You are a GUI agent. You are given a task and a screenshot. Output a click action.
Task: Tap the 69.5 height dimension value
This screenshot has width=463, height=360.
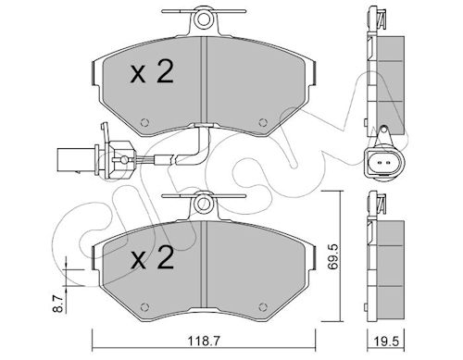coord(333,256)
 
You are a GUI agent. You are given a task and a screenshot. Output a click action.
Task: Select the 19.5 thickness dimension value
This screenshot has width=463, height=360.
coord(387,341)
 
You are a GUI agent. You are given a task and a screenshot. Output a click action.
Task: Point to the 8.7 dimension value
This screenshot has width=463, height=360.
coord(59,304)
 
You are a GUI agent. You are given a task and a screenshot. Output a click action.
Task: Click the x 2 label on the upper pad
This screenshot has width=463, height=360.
coord(152,73)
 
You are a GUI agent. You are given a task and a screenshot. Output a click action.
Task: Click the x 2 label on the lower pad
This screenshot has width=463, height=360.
coord(152,258)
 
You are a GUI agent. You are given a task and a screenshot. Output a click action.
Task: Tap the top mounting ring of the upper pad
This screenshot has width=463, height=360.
coord(204,19)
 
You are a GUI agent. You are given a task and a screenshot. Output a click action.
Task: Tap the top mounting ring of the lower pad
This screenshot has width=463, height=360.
coord(204,204)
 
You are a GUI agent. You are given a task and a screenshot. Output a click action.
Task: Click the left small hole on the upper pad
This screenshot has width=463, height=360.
coord(144,122)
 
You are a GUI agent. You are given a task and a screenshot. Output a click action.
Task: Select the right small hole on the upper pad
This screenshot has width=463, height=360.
coord(263,122)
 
